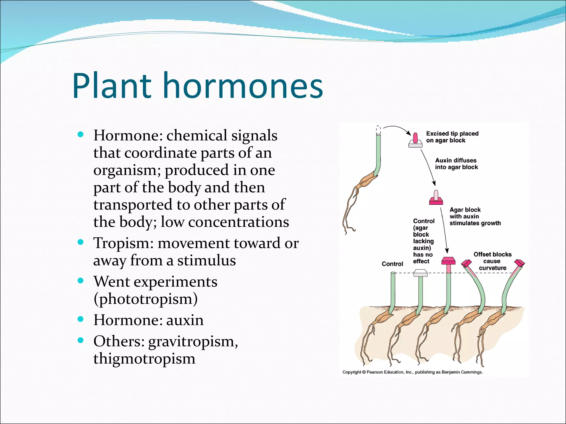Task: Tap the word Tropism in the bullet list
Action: click(x=123, y=243)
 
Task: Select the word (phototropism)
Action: click(x=146, y=299)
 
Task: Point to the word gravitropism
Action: click(x=193, y=341)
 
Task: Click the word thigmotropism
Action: click(x=144, y=359)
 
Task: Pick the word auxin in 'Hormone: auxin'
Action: click(x=185, y=320)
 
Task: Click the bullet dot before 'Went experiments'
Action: click(x=81, y=281)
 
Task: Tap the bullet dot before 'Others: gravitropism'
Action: click(x=81, y=340)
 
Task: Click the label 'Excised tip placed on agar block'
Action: click(x=452, y=137)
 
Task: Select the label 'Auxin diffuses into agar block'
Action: click(x=456, y=164)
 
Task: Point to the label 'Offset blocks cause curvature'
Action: click(x=492, y=261)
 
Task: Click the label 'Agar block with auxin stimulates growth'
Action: click(x=475, y=216)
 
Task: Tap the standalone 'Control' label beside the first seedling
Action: click(x=392, y=264)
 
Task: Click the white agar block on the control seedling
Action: click(x=420, y=274)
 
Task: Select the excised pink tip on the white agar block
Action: click(x=415, y=138)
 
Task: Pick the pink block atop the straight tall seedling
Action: click(x=448, y=261)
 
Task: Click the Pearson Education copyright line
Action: click(x=412, y=372)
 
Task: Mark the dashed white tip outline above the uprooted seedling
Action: click(x=379, y=130)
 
